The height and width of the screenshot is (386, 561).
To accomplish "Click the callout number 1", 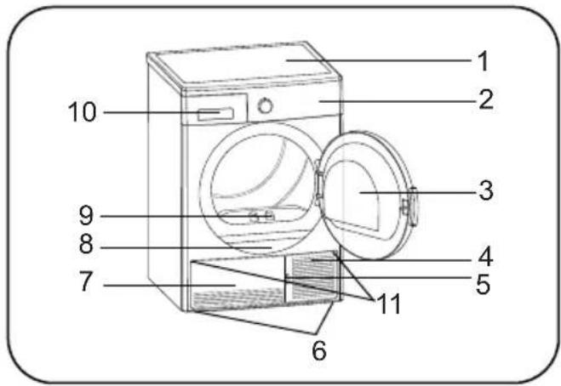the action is pyautogui.click(x=483, y=60).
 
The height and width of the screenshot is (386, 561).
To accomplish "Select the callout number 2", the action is pyautogui.click(x=486, y=99).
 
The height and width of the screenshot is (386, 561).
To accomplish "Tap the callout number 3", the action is pyautogui.click(x=486, y=190).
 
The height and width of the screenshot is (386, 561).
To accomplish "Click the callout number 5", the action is pyautogui.click(x=483, y=284).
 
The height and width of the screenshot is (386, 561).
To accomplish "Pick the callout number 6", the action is pyautogui.click(x=319, y=350).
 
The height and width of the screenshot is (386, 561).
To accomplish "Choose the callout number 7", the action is pyautogui.click(x=86, y=281).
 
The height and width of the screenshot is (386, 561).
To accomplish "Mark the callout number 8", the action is pyautogui.click(x=86, y=244).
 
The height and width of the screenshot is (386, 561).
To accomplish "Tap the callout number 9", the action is pyautogui.click(x=86, y=215).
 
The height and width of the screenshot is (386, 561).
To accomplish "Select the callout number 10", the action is pyautogui.click(x=83, y=112).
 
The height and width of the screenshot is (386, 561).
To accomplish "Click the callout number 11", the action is pyautogui.click(x=389, y=304).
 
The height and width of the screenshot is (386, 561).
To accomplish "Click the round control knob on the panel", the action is pyautogui.click(x=266, y=105).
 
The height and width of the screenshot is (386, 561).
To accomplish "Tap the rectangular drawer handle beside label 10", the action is pyautogui.click(x=215, y=115).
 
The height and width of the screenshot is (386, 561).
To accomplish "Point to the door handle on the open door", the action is pyautogui.click(x=411, y=207).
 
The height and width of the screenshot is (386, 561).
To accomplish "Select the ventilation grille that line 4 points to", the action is pyautogui.click(x=314, y=275).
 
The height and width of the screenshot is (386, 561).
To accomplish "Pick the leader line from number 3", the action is pyautogui.click(x=418, y=192).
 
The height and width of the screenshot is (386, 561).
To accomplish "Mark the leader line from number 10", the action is pyautogui.click(x=162, y=112).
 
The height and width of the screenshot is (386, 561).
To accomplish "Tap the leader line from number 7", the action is pyautogui.click(x=169, y=285).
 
